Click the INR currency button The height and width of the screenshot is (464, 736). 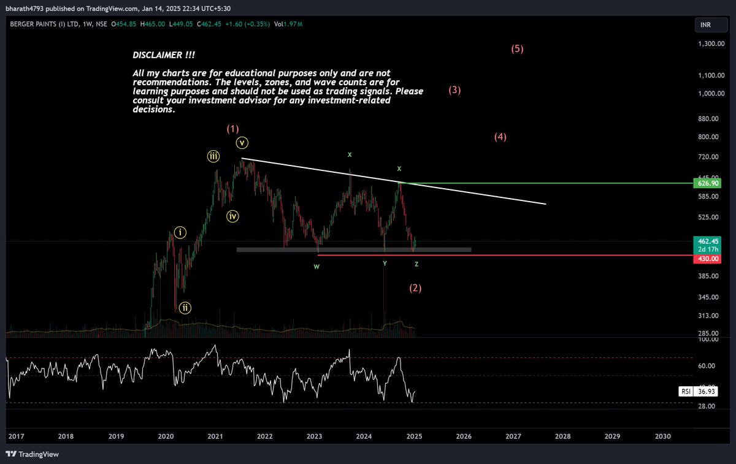706,25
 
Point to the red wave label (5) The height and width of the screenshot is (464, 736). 517,49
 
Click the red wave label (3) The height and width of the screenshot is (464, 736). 454,90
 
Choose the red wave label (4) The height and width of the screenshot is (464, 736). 500,137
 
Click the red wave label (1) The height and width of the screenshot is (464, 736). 232,129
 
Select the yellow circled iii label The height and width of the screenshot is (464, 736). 213,156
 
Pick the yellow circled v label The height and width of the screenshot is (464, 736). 242,143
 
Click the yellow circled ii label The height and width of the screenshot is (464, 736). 185,308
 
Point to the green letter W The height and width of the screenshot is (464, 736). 316,267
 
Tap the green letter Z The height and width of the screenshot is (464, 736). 416,264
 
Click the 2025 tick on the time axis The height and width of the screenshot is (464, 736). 414,436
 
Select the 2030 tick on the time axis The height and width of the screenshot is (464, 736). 662,436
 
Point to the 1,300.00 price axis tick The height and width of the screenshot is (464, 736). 711,44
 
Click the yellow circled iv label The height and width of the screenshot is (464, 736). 232,216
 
